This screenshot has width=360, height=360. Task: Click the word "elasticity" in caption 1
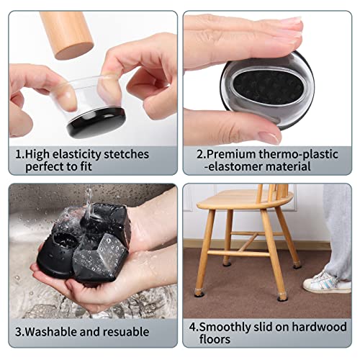point(74,153)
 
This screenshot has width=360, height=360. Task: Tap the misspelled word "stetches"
point(125,153)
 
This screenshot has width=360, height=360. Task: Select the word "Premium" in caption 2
point(225,153)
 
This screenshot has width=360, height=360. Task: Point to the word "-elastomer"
point(220,166)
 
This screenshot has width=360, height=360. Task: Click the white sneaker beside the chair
point(326,281)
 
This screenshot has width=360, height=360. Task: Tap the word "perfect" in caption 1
point(48,166)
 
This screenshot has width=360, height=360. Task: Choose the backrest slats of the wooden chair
point(272,191)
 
